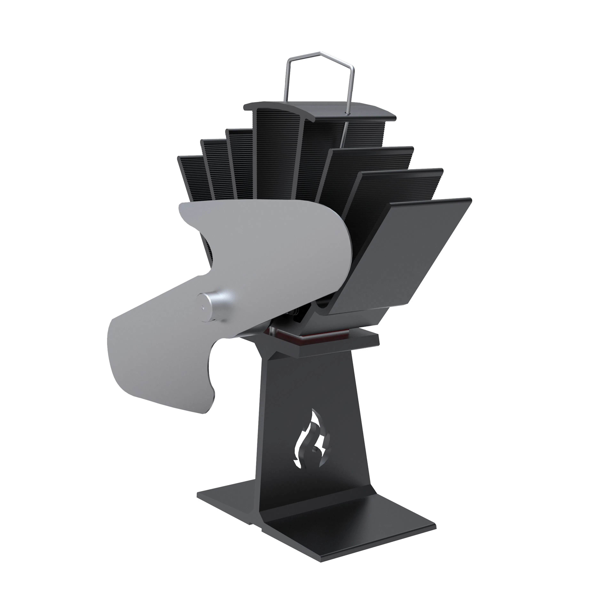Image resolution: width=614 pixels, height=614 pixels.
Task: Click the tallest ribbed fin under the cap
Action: coord(276,153)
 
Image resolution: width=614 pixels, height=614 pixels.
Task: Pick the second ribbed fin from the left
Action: coord(216,168)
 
